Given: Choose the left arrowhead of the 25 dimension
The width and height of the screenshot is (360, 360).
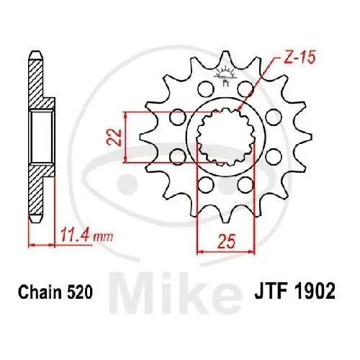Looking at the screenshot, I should pyautogui.click(x=199, y=251).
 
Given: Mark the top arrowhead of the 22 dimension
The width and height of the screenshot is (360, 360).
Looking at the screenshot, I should pyautogui.click(x=127, y=114).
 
